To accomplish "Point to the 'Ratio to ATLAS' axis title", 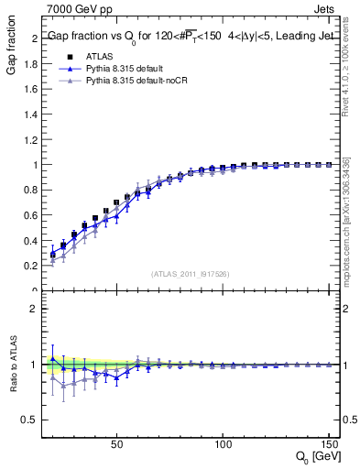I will tap(12, 365).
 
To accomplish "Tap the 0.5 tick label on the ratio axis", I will tap(31, 420).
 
